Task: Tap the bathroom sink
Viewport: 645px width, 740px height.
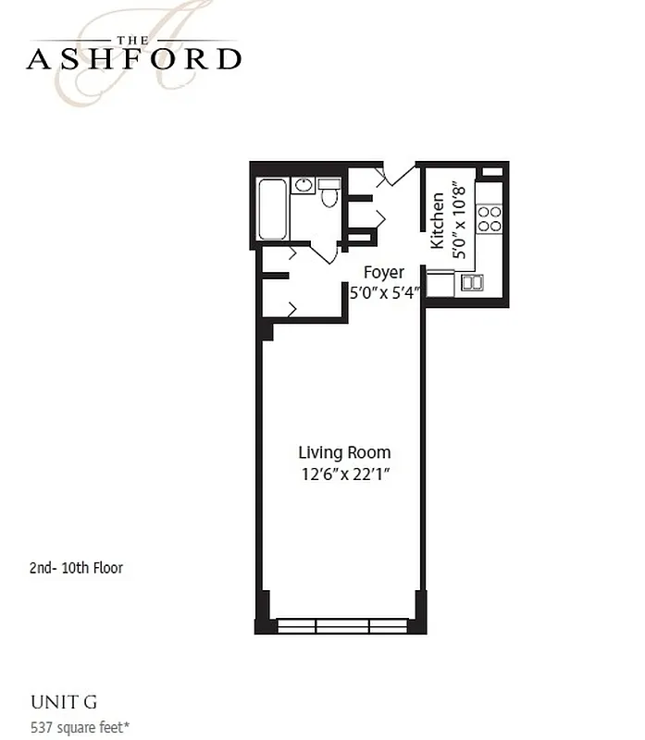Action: coord(303,186)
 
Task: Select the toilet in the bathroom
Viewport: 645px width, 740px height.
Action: coord(329,193)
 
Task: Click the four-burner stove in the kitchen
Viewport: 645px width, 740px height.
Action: coord(489,218)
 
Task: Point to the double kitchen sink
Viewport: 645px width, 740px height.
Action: coord(472,283)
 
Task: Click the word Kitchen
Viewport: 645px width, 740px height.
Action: coord(438,221)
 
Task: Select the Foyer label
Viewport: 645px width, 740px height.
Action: coord(383,272)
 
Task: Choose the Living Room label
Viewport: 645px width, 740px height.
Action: coord(344,452)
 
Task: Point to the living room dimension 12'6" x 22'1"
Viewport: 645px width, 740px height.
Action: coord(344,475)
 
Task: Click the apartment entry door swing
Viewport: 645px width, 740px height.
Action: coord(396,175)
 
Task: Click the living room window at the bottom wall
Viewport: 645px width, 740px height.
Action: coord(342,626)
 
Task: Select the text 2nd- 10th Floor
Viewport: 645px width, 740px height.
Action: coord(76,568)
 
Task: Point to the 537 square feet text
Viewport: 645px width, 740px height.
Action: coord(80,726)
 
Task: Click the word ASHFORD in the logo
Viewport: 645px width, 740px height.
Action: coord(134,59)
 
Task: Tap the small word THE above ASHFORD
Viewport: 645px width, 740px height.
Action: coord(134,39)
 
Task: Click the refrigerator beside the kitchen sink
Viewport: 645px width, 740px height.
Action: coord(440,284)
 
